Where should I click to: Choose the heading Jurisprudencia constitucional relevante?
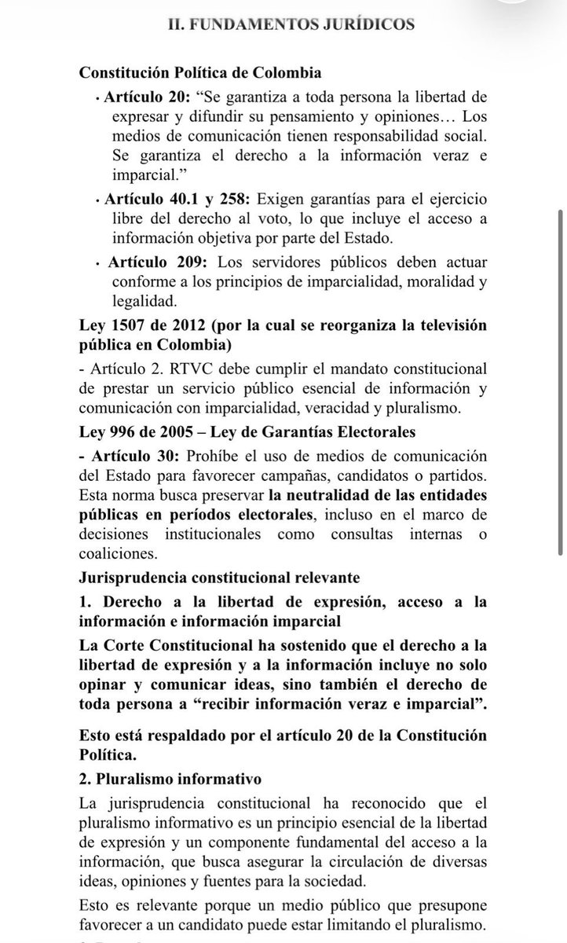click(219, 578)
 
